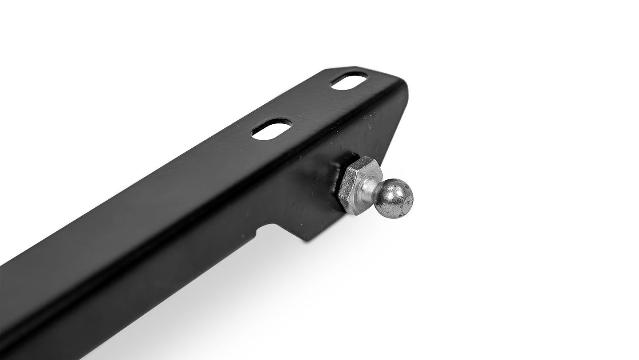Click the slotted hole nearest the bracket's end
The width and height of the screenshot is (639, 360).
tap(349, 82)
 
